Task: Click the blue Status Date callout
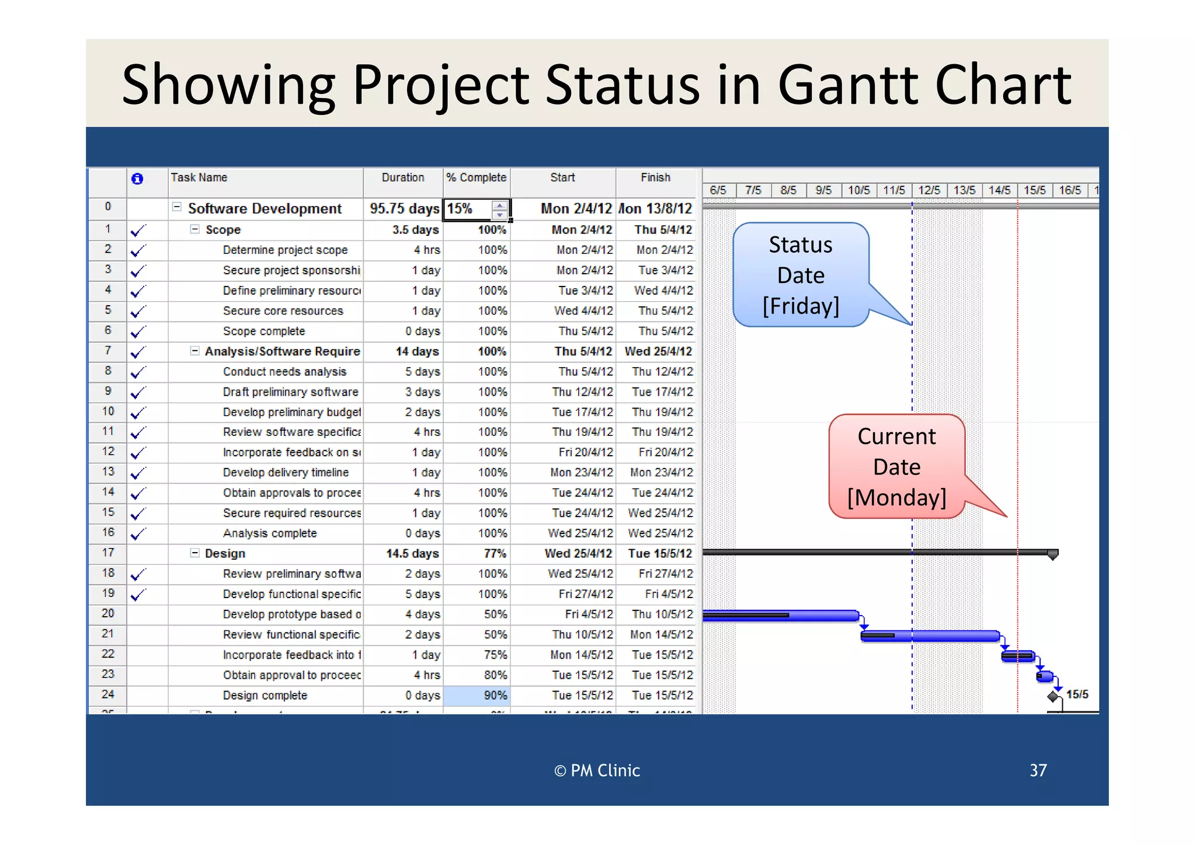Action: coord(801,275)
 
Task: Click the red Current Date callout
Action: coord(896,467)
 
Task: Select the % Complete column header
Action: coord(476,178)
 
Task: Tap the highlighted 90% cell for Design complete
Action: coord(477,696)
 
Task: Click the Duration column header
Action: coord(403,178)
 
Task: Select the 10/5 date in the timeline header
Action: coord(858,190)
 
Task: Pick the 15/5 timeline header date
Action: coord(1034,190)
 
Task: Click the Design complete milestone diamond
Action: coord(1052,696)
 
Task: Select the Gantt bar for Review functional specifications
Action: coord(930,636)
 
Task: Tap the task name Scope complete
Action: coord(264,331)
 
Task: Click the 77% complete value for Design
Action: coord(495,554)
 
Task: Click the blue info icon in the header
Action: coord(137,179)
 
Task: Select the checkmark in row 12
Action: coord(138,453)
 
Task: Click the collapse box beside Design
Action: coord(194,553)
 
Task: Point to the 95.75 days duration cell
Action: coord(404,209)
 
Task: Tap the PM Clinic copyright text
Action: coord(597,771)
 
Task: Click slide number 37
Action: coord(1038,771)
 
